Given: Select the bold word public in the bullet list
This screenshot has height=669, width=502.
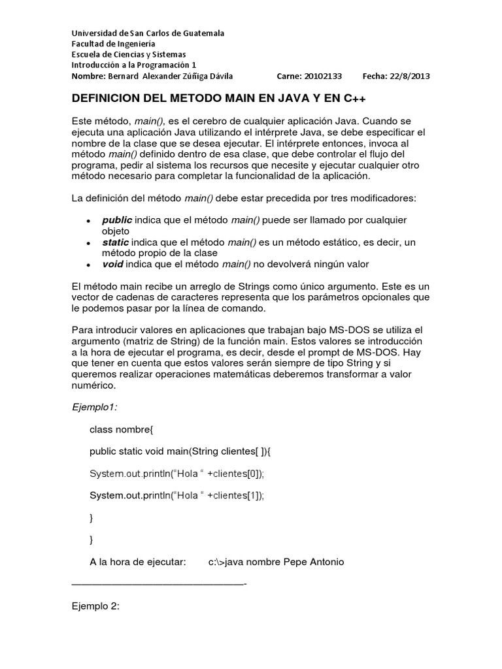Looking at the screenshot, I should (x=117, y=220).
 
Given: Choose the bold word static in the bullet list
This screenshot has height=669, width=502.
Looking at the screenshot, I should (x=116, y=242).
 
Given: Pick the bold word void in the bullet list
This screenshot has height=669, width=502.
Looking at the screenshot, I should (x=112, y=264).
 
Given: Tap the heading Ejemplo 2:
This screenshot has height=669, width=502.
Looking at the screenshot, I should (x=96, y=606).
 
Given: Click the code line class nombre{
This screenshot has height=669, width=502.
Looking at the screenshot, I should (x=121, y=429).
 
